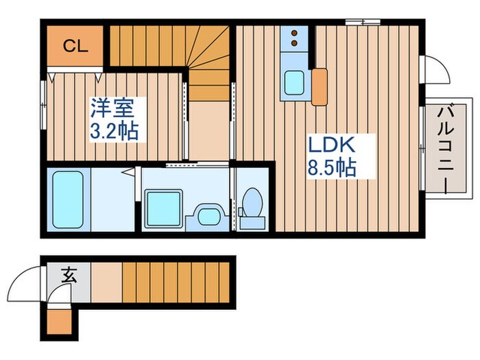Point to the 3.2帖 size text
115,131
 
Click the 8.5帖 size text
331,167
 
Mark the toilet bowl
253,203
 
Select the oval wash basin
205,215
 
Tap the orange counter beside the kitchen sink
319,86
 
